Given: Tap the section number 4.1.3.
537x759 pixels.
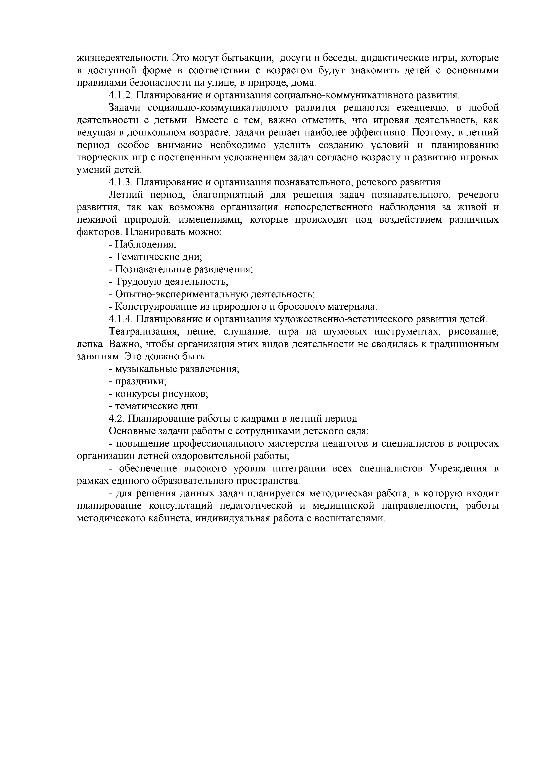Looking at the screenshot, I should coord(120,182).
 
